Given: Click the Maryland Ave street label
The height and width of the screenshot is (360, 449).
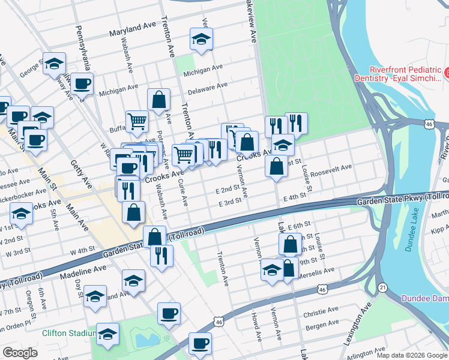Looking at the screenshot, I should pos(131,30).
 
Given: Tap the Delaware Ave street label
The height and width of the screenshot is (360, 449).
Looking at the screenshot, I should pos(208,86).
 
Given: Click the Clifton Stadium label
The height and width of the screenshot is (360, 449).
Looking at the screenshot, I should pos(69,333).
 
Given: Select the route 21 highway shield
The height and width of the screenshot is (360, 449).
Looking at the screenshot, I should pos(382,287).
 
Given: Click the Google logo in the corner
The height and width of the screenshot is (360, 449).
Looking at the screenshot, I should pos(20,353).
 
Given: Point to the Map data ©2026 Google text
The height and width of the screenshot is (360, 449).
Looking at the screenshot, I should pos(412,355).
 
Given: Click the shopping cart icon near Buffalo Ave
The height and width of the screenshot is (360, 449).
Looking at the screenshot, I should pos(137,121).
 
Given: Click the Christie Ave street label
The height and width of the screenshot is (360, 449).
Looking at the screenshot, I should pos(321,311).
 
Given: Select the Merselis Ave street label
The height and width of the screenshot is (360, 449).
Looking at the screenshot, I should pos(318,271).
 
